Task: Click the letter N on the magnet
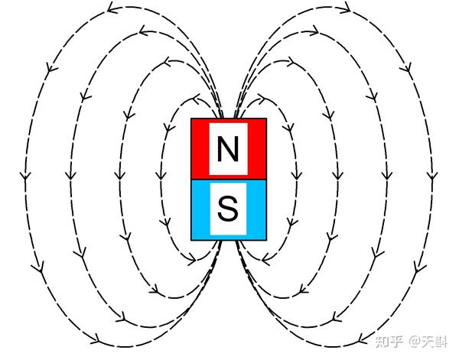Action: [x=227, y=149]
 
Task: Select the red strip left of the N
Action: [x=200, y=149]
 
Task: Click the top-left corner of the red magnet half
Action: [x=191, y=119]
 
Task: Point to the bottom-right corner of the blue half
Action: [x=265, y=236]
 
